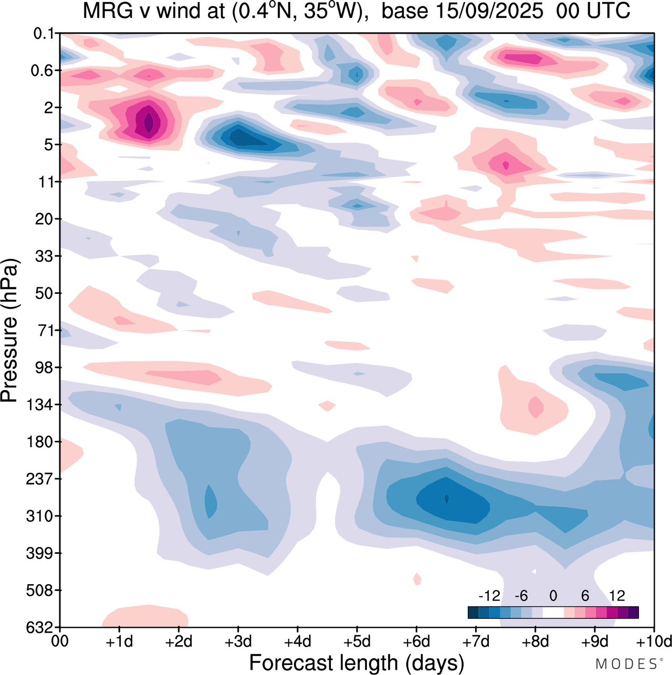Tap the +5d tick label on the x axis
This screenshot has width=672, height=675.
click(357, 641)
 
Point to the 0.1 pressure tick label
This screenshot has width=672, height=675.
click(44, 34)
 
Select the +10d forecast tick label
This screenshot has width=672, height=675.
click(654, 641)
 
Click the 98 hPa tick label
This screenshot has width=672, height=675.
click(44, 367)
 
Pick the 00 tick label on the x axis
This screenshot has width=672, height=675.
click(60, 641)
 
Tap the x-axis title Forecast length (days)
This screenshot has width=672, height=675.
click(356, 662)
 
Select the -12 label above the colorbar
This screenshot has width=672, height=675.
click(489, 596)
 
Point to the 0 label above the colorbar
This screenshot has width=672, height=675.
click(553, 596)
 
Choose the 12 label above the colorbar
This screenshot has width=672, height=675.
click(617, 596)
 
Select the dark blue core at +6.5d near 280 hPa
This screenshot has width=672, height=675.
click(447, 498)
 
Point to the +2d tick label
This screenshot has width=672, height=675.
click(179, 641)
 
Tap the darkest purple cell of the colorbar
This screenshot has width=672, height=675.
click(633, 613)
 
